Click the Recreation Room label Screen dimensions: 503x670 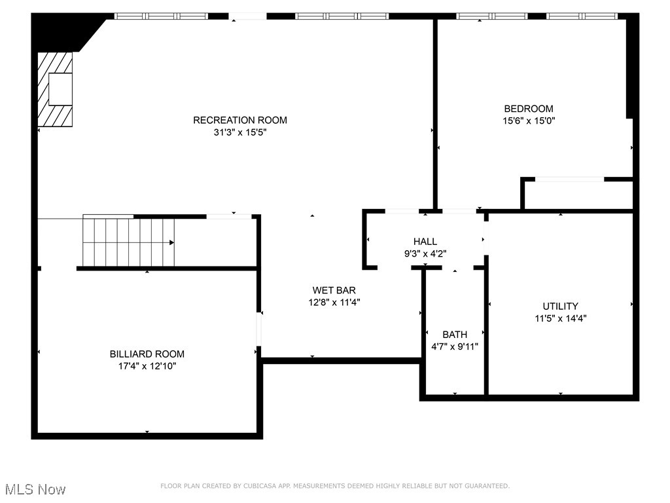[239, 120]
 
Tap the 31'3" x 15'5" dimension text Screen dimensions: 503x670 [239, 132]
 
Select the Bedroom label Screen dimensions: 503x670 [528, 109]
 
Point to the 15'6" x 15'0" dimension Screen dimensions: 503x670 [528, 121]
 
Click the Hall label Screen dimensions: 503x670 [425, 242]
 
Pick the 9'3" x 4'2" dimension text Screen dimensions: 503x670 [425, 253]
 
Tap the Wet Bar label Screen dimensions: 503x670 [334, 290]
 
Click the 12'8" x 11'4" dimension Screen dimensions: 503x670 [334, 302]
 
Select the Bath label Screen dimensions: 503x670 [455, 335]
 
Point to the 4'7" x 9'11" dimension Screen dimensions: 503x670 [455, 346]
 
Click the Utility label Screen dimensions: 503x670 [560, 306]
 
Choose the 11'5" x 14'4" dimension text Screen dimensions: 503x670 [560, 318]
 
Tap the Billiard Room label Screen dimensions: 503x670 [147, 354]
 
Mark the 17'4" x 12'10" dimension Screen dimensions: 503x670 [147, 366]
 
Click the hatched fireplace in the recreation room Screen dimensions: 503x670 [54, 89]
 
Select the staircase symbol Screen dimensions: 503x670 [128, 242]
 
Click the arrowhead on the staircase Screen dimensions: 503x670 [172, 242]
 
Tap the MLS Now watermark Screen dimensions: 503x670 [35, 489]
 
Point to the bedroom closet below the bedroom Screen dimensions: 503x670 [578, 195]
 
